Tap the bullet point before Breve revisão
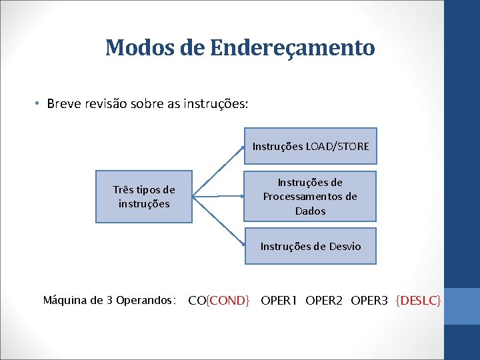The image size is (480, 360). tap(39, 104)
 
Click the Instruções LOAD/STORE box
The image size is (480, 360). tap(310, 146)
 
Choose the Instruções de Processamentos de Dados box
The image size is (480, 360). tap(310, 196)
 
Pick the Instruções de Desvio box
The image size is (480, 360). tap(310, 247)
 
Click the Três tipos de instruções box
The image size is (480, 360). tap(144, 196)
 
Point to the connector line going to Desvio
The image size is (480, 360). tap(218, 221)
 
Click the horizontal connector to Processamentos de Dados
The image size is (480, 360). tap(218, 197)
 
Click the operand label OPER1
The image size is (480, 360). tap(280, 301)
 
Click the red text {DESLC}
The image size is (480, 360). tap(418, 301)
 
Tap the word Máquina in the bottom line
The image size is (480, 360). tap(64, 301)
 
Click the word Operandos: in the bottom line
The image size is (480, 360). tap(145, 301)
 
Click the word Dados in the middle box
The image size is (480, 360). tap(310, 211)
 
